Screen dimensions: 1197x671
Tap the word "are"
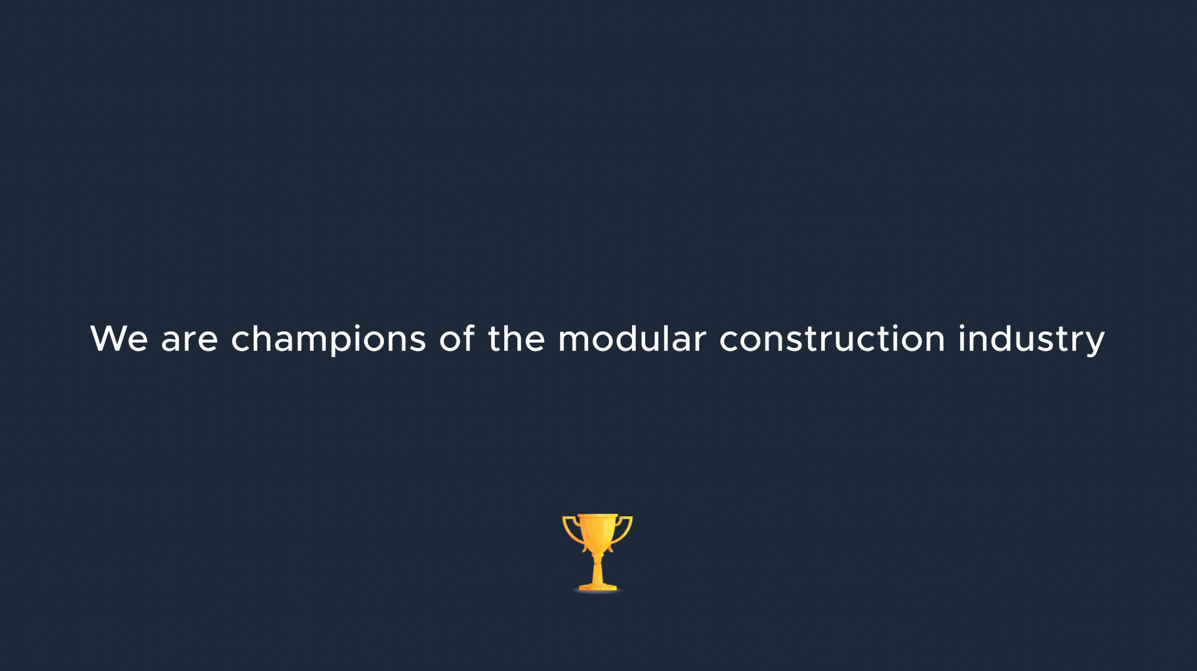pos(190,342)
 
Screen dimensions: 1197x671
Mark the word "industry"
pos(1031,340)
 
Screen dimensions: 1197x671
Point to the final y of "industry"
pos(1094,345)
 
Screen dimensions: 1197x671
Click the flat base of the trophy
pos(598,588)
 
